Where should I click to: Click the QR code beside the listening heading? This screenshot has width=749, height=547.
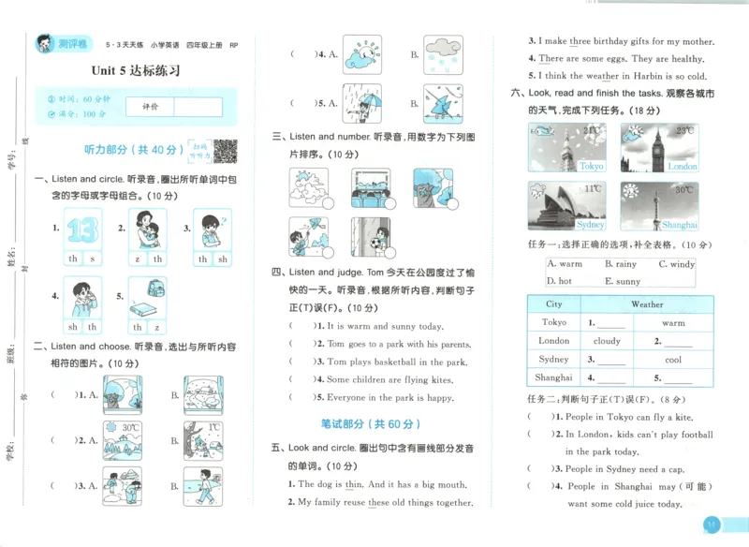(x=226, y=150)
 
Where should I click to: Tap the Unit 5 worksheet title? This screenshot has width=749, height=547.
(x=136, y=70)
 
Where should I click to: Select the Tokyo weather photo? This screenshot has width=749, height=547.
(x=566, y=148)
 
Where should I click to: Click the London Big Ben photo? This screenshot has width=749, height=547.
(x=659, y=148)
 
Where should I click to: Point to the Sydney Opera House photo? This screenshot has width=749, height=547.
(x=566, y=206)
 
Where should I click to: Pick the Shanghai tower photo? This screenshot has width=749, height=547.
(x=659, y=206)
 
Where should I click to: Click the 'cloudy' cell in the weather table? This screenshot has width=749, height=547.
(x=607, y=341)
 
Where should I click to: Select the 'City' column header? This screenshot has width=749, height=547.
(x=554, y=304)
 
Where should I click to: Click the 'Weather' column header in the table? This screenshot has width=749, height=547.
(x=647, y=304)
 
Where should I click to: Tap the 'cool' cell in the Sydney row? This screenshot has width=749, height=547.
(x=673, y=360)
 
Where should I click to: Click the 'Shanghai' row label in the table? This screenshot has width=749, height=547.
(x=554, y=377)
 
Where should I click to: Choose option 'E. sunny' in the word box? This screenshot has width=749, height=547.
(x=623, y=281)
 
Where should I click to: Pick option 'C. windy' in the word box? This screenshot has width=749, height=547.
(x=676, y=264)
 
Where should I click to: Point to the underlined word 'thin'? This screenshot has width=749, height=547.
(x=353, y=484)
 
